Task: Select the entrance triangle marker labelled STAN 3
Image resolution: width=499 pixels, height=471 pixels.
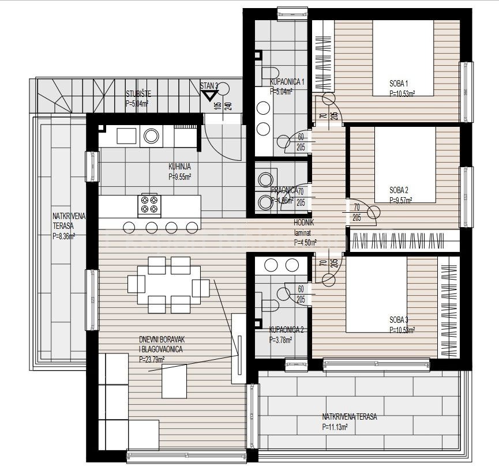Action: [208, 94]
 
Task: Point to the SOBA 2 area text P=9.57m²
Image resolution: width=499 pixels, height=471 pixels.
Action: [403, 201]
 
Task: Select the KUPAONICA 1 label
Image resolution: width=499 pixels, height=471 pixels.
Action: [287, 82]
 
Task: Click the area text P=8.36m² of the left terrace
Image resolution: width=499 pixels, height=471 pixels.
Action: [64, 236]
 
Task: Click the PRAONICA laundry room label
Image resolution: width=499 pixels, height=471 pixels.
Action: [284, 190]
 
